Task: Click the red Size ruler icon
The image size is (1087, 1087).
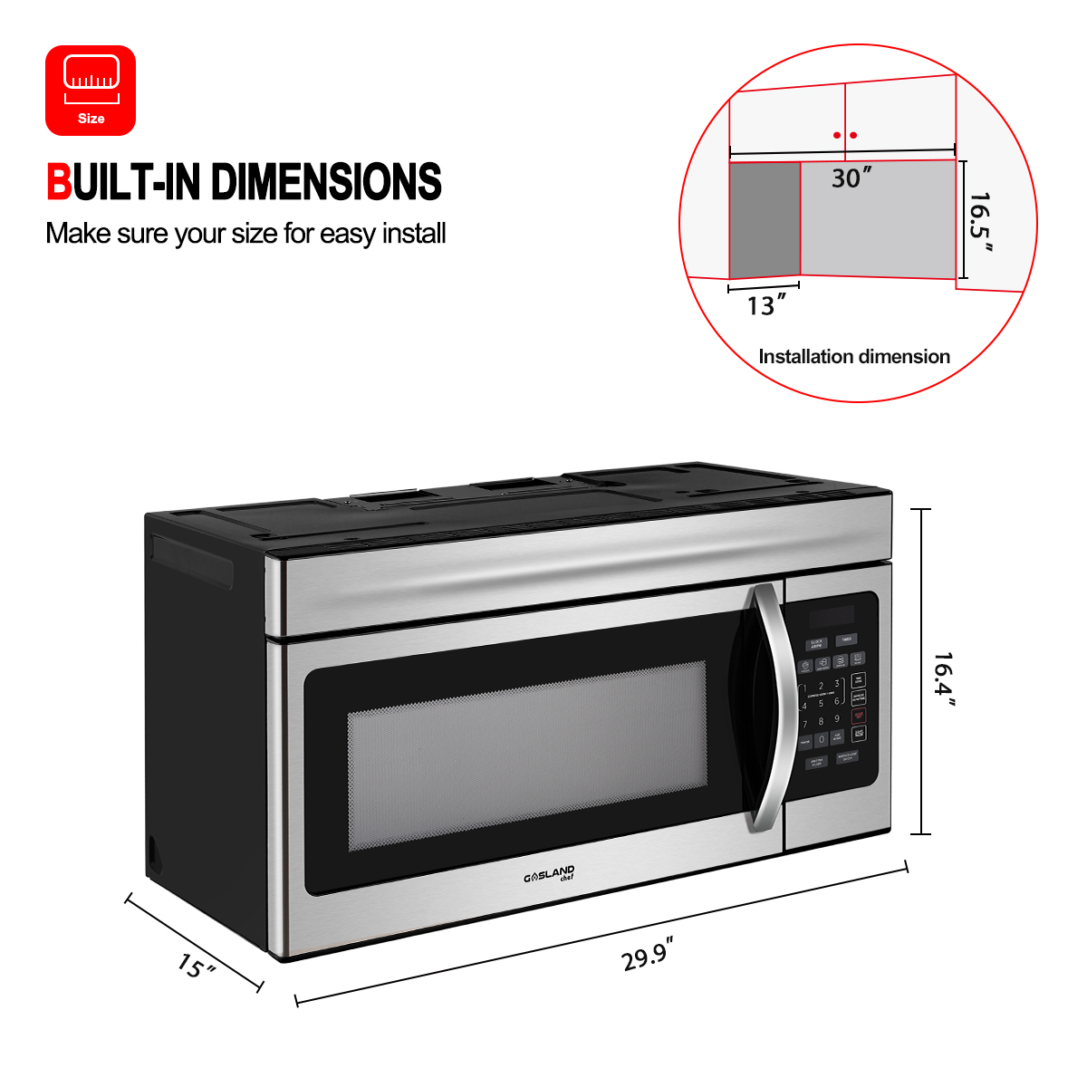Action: click(x=91, y=90)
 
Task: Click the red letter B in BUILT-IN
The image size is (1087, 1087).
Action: click(x=59, y=182)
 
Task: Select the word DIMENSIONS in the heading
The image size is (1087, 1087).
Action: click(x=326, y=182)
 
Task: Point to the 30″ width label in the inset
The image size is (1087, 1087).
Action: click(x=851, y=178)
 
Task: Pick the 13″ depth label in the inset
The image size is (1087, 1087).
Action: click(x=761, y=306)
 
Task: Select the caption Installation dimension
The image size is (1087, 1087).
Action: click(x=853, y=357)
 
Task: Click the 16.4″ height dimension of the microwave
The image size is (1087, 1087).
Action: click(x=945, y=679)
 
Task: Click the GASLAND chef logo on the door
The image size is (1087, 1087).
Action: click(x=549, y=874)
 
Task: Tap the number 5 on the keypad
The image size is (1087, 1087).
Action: click(x=821, y=703)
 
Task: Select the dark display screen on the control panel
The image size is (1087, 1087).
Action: click(x=832, y=617)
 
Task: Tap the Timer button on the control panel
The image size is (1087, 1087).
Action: click(x=845, y=639)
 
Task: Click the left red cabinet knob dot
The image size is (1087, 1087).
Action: click(x=837, y=136)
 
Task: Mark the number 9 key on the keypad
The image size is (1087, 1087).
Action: click(x=837, y=719)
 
